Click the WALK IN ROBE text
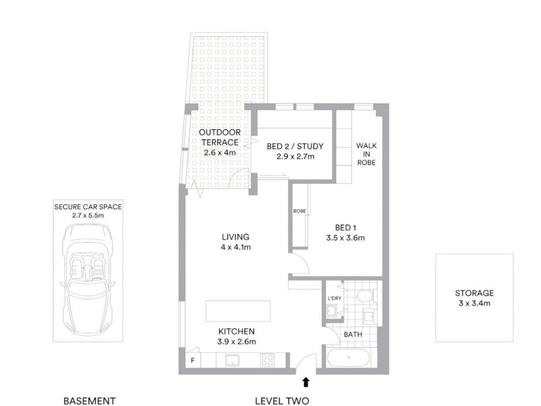click(x=366, y=154)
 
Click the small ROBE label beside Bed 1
click(x=299, y=211)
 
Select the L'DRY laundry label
click(x=333, y=298)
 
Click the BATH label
click(x=352, y=335)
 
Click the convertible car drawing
click(x=87, y=279)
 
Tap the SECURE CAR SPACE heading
click(x=87, y=206)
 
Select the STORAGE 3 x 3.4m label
click(x=474, y=298)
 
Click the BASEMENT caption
click(x=89, y=400)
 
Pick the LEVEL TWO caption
click(x=282, y=400)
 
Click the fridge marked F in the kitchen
click(x=193, y=360)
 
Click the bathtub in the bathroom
click(x=350, y=357)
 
